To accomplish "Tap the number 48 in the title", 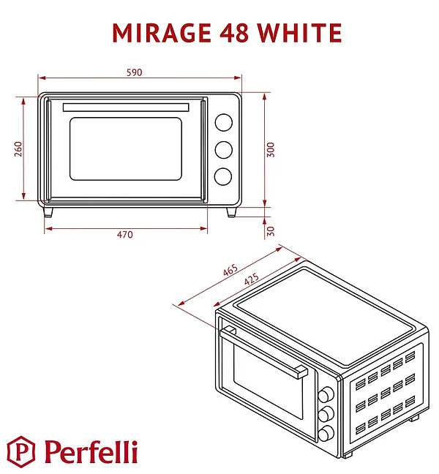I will click(x=230, y=33).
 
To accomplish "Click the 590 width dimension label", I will click(x=133, y=72).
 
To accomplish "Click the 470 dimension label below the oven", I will click(x=125, y=235).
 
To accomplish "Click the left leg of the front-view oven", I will click(x=50, y=211).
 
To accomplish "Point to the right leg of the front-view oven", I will click(x=232, y=211).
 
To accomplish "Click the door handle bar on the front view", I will click(x=125, y=108).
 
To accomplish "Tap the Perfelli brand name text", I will click(x=91, y=451).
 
